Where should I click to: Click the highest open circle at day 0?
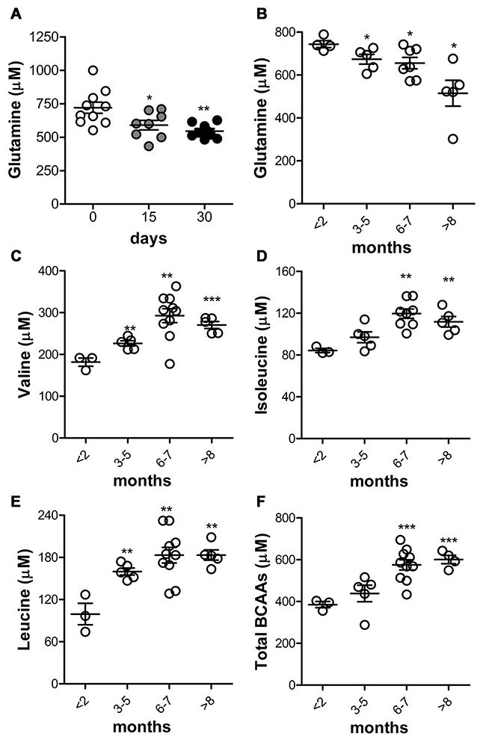(93, 70)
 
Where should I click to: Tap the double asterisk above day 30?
(203, 109)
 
